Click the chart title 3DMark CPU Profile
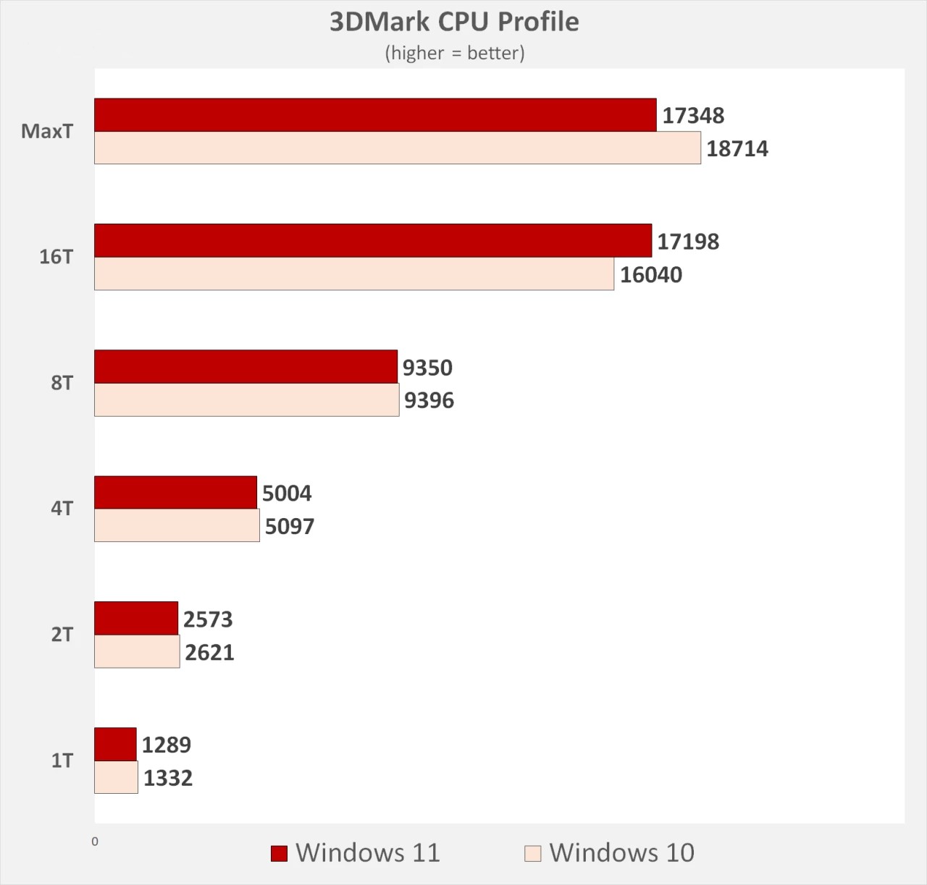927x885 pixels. click(454, 22)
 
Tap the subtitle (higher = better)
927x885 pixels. click(454, 53)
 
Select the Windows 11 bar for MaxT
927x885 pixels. click(375, 115)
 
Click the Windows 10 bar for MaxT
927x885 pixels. click(398, 148)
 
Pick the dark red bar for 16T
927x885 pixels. click(373, 241)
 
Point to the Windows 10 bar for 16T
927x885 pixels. click(354, 274)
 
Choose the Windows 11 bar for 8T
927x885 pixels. click(246, 367)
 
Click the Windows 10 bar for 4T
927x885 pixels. click(177, 525)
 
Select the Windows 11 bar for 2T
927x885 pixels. click(136, 619)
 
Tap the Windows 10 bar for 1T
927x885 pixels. click(116, 777)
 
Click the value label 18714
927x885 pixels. click(737, 149)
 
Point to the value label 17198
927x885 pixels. click(688, 242)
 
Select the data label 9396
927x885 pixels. click(429, 400)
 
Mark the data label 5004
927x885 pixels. click(287, 494)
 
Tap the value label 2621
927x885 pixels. click(209, 653)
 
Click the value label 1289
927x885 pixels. click(167, 745)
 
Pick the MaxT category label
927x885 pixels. click(47, 132)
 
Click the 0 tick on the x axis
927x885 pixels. click(95, 842)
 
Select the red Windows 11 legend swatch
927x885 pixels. click(279, 854)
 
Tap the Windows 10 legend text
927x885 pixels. click(621, 853)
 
